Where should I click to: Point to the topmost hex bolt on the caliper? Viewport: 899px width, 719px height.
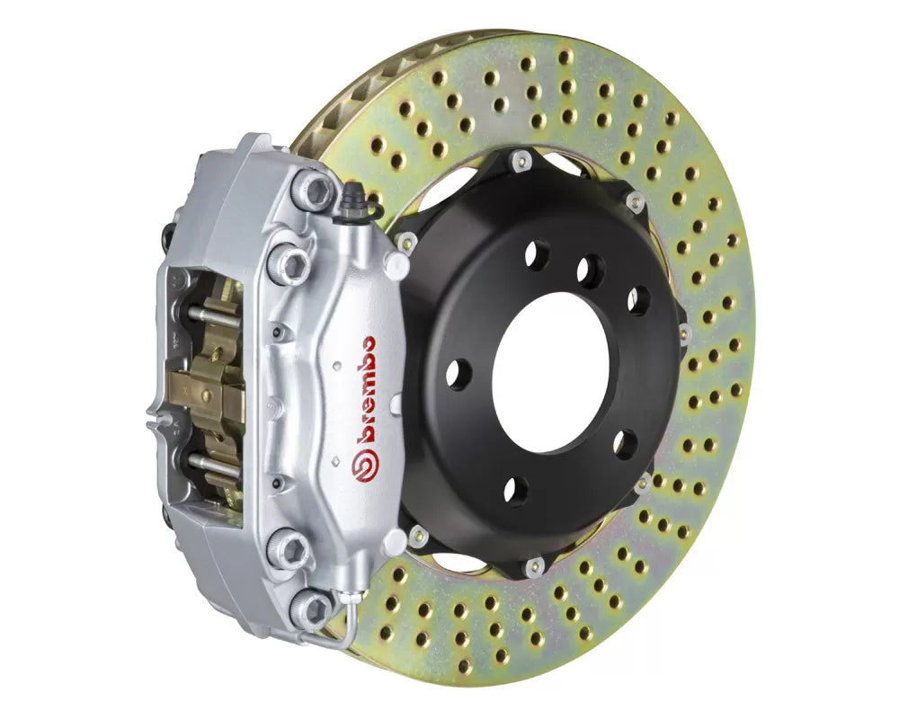click(313, 190)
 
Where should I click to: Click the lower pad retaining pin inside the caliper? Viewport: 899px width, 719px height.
click(214, 466)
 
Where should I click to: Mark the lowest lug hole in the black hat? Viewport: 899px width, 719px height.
click(515, 490)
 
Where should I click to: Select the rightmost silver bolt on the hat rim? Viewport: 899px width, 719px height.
click(683, 334)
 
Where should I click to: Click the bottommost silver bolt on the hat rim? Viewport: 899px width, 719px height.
click(533, 566)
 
